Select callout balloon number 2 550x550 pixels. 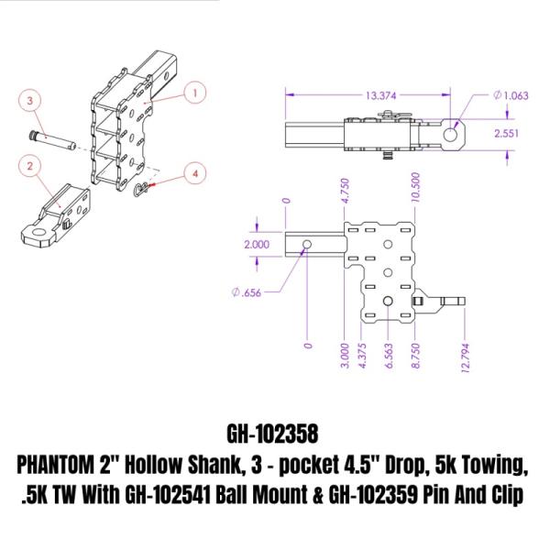coord(30,166)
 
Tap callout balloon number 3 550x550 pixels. coord(30,98)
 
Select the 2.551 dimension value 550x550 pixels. coord(511,134)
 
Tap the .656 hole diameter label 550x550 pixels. coord(248,292)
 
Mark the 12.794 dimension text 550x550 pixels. coord(466,355)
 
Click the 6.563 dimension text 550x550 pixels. coord(390,355)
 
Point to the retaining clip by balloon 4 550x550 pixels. coord(139,191)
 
